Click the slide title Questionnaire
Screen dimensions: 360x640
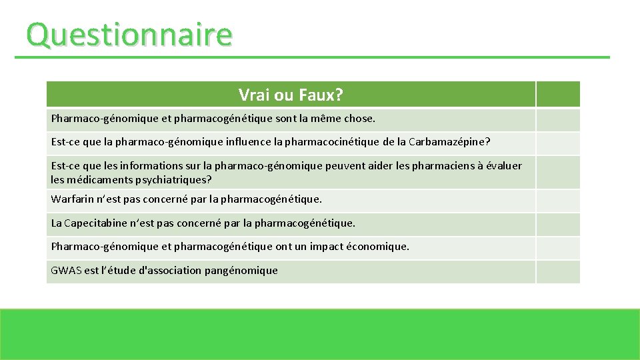(x=129, y=35)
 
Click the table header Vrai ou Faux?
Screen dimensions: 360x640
(x=291, y=95)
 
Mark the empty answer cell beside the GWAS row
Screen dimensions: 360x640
(x=558, y=271)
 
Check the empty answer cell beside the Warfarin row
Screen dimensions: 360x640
(x=558, y=200)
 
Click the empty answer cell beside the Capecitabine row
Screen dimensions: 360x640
(x=558, y=224)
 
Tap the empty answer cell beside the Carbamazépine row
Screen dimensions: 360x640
(x=558, y=143)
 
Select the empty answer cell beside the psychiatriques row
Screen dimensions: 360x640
(x=558, y=172)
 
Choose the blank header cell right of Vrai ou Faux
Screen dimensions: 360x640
(x=558, y=95)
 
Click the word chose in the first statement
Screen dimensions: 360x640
(x=359, y=119)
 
